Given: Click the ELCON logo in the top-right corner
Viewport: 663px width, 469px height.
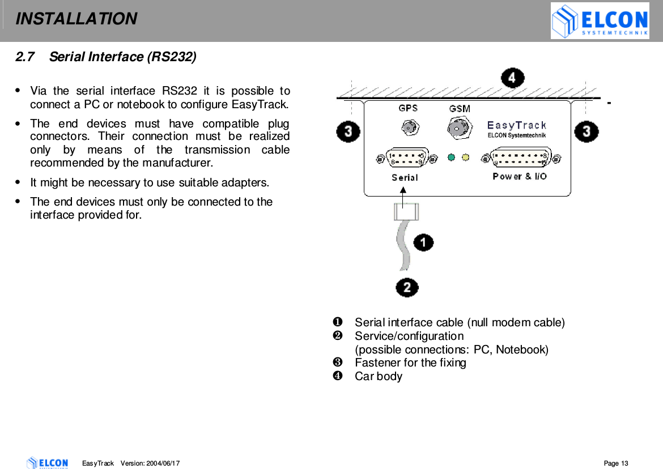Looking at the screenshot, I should pos(600,21).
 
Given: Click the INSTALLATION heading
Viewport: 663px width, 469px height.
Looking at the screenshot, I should pos(76,19).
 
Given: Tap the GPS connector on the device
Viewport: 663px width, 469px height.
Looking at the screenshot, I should pos(408,129).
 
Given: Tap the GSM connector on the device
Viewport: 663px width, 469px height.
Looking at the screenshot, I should pos(458,129).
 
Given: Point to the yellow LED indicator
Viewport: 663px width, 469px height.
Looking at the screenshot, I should pos(466,157).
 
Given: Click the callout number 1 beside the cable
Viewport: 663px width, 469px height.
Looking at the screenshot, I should pos(423,243).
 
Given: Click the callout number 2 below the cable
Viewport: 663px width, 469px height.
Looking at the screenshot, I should pos(407,288).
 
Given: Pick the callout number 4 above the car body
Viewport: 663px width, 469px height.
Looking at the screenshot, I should pos(512,78).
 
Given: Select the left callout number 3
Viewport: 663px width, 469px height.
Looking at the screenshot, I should pos(347,132).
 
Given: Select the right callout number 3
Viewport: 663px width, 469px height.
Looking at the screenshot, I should pos(586,132).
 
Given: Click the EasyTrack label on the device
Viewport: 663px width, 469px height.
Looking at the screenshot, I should pos(517,125).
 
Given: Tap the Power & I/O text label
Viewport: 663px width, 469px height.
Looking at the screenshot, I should pos(520,177).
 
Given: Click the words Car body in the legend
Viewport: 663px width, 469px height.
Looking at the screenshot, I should pos(378,376).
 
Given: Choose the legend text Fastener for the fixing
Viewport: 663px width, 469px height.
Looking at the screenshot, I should pos(410,363).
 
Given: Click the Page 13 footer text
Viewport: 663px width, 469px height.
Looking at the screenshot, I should pos(616,463).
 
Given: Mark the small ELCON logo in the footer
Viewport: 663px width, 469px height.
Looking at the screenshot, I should pos(48,463).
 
